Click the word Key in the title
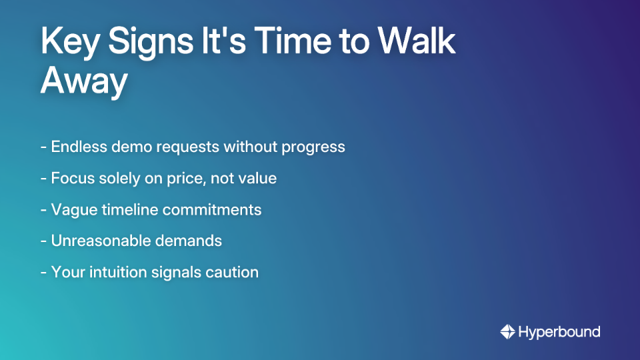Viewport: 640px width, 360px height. pyautogui.click(x=69, y=43)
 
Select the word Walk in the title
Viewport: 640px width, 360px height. pyautogui.click(x=417, y=43)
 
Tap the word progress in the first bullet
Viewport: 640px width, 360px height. pyautogui.click(x=313, y=147)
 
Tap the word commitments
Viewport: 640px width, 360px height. pyautogui.click(x=212, y=209)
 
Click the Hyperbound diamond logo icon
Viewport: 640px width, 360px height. pyautogui.click(x=507, y=331)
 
